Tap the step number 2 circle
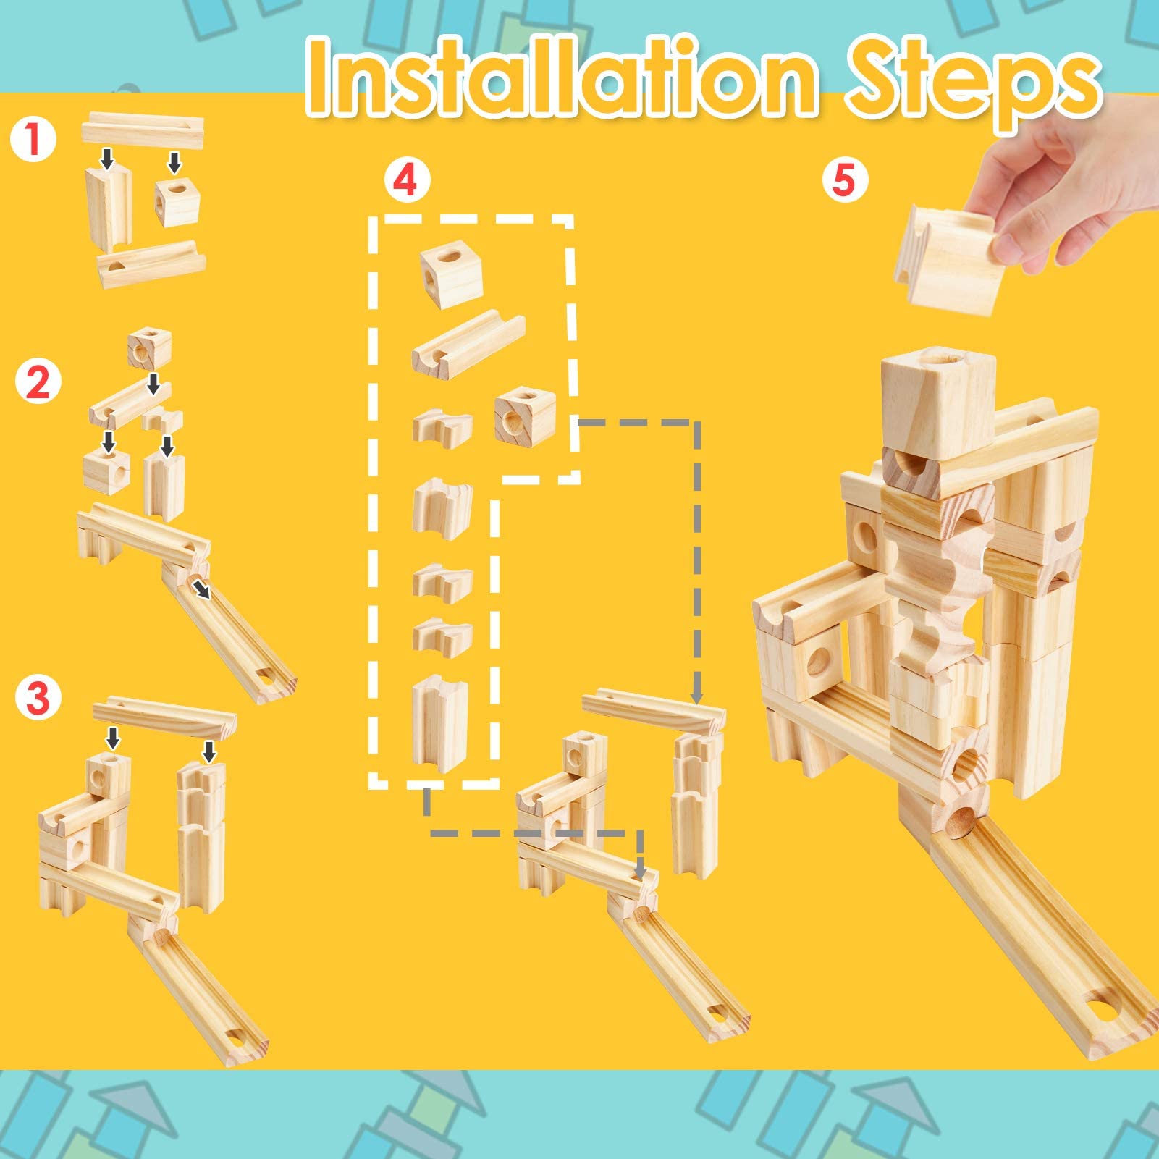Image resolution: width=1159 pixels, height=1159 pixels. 38,382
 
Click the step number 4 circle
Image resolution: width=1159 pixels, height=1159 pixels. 406,180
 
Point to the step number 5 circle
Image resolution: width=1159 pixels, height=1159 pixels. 844,178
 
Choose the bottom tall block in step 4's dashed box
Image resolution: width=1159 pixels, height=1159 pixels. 439,721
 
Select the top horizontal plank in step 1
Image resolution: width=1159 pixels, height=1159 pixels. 143,130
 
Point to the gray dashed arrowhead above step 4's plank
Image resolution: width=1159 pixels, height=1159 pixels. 697,696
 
